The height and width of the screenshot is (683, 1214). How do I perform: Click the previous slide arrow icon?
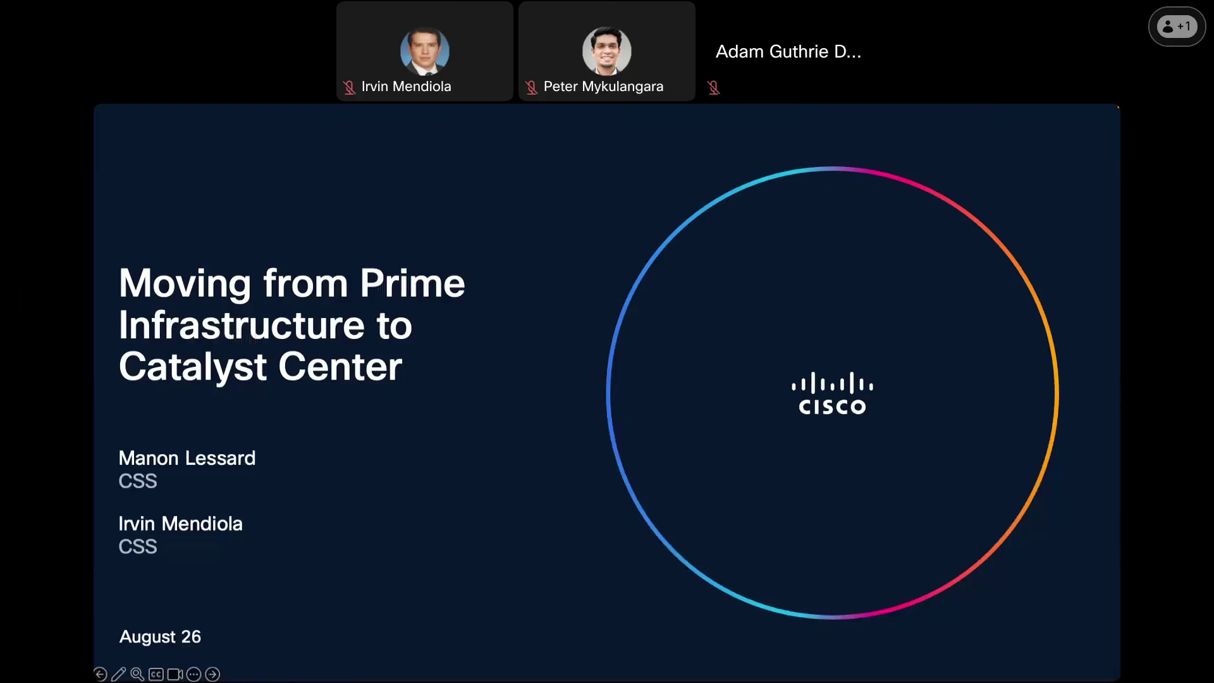[x=100, y=674]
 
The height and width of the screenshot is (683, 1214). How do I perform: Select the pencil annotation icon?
[x=118, y=674]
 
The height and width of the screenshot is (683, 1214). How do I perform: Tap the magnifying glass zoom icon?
[x=137, y=674]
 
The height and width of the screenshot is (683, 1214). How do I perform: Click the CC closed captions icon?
[x=156, y=675]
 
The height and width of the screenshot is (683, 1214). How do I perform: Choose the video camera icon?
[x=175, y=675]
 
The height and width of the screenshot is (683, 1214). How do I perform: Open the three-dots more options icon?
[x=193, y=675]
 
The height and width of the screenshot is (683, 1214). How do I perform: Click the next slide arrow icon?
[x=212, y=675]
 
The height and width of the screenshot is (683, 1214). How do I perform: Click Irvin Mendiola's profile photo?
[x=425, y=51]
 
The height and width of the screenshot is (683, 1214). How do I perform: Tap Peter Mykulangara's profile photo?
[x=607, y=51]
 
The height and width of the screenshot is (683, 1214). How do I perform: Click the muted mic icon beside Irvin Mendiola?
[x=349, y=87]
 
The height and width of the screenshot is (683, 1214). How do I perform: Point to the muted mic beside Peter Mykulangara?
[x=531, y=87]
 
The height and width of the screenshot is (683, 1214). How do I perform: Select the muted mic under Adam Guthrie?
[x=714, y=88]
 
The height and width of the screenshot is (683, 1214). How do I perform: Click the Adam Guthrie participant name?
[x=788, y=52]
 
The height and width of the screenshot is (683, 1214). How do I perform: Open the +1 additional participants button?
[x=1177, y=27]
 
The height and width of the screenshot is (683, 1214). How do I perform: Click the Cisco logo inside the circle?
[x=832, y=393]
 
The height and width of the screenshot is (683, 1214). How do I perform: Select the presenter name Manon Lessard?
[x=187, y=458]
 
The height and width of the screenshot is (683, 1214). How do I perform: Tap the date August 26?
[x=160, y=637]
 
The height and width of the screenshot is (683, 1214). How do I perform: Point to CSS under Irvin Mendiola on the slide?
[x=138, y=546]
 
